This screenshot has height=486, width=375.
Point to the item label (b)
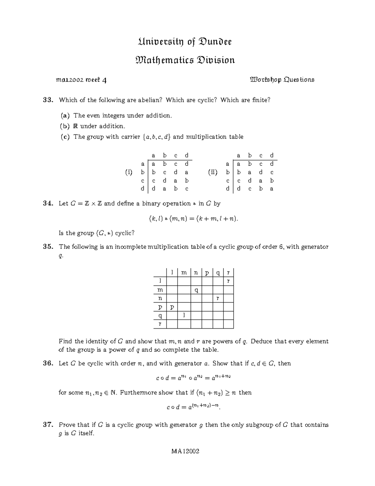(65, 126)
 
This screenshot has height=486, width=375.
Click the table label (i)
(128, 172)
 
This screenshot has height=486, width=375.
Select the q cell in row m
(196, 290)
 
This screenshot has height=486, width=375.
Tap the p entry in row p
(172, 307)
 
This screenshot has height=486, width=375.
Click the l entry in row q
(184, 315)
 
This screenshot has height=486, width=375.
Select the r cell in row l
(228, 281)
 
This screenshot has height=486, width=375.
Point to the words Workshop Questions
(282, 80)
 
